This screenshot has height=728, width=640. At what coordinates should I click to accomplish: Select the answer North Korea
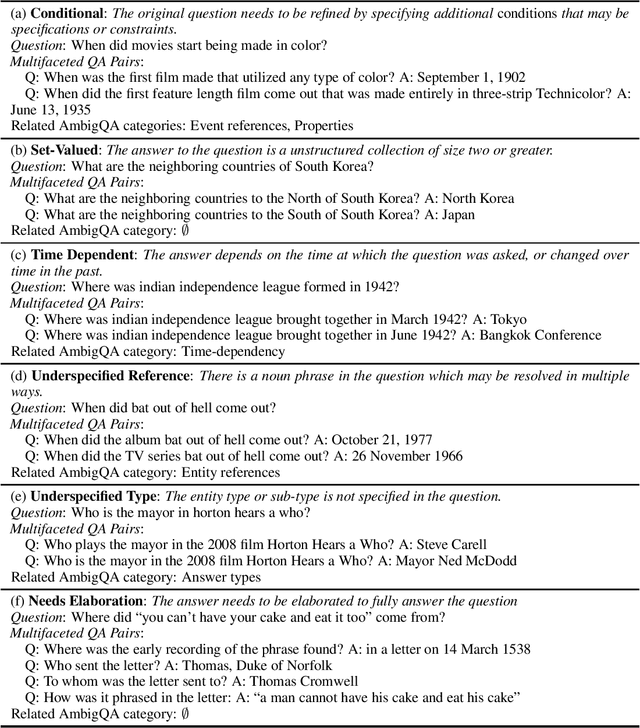(475, 198)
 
